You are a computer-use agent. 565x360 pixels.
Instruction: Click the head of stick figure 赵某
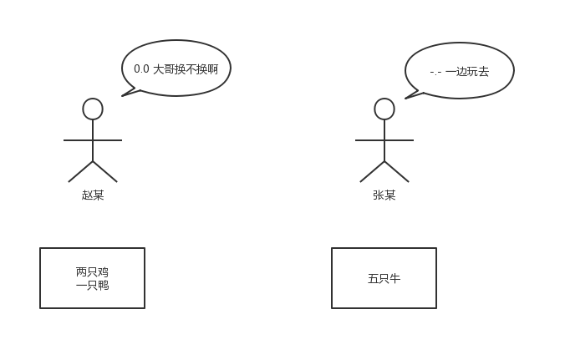(x=93, y=109)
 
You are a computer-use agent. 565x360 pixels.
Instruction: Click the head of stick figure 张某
(x=384, y=109)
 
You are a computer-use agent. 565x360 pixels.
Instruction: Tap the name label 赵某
(x=93, y=195)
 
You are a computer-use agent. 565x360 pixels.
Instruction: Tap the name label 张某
(x=384, y=195)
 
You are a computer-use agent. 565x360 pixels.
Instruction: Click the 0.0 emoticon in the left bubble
(x=141, y=69)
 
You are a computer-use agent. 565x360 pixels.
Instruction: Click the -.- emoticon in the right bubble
(x=435, y=72)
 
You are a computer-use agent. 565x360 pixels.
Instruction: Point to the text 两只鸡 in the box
(x=92, y=271)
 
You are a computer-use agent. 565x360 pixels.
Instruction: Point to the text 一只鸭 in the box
(x=92, y=285)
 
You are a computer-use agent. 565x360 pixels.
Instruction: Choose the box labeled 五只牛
(x=384, y=278)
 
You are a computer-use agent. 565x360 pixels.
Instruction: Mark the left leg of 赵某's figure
(x=80, y=172)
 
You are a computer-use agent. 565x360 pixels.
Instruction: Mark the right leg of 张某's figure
(x=397, y=172)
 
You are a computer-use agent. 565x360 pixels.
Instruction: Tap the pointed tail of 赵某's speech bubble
(x=125, y=94)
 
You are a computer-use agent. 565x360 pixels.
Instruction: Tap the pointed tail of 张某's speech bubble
(x=408, y=97)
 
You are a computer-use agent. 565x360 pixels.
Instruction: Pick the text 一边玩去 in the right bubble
(x=467, y=72)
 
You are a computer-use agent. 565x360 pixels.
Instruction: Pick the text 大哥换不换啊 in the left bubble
(x=186, y=69)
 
